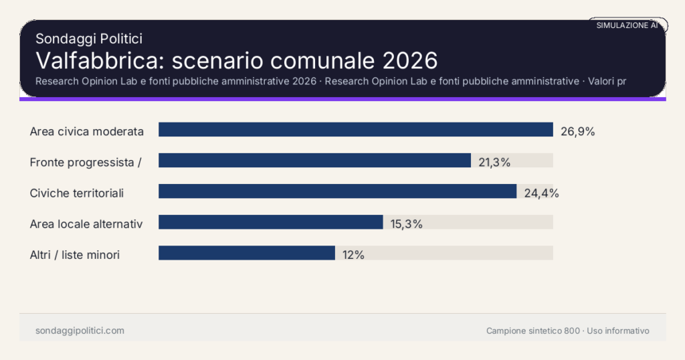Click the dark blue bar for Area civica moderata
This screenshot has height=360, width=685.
(355, 130)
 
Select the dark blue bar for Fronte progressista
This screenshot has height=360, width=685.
(314, 161)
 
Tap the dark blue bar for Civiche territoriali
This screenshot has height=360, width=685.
(337, 191)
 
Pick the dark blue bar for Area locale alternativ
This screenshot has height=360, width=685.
(270, 222)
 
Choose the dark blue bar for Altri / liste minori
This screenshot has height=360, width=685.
(246, 253)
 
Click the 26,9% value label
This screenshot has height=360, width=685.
(577, 131)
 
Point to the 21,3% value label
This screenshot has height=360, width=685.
(494, 162)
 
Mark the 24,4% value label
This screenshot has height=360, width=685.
(541, 193)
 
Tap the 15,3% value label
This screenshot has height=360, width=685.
(406, 224)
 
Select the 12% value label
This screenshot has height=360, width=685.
(353, 255)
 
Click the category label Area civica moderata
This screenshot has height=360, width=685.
(87, 131)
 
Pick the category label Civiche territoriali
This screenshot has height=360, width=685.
(77, 193)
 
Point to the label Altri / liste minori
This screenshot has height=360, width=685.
(75, 254)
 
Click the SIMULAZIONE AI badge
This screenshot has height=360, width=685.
(627, 25)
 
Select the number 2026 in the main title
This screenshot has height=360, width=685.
(410, 60)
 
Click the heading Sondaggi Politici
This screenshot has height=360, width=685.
(89, 39)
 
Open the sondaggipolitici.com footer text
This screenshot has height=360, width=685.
(80, 331)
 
